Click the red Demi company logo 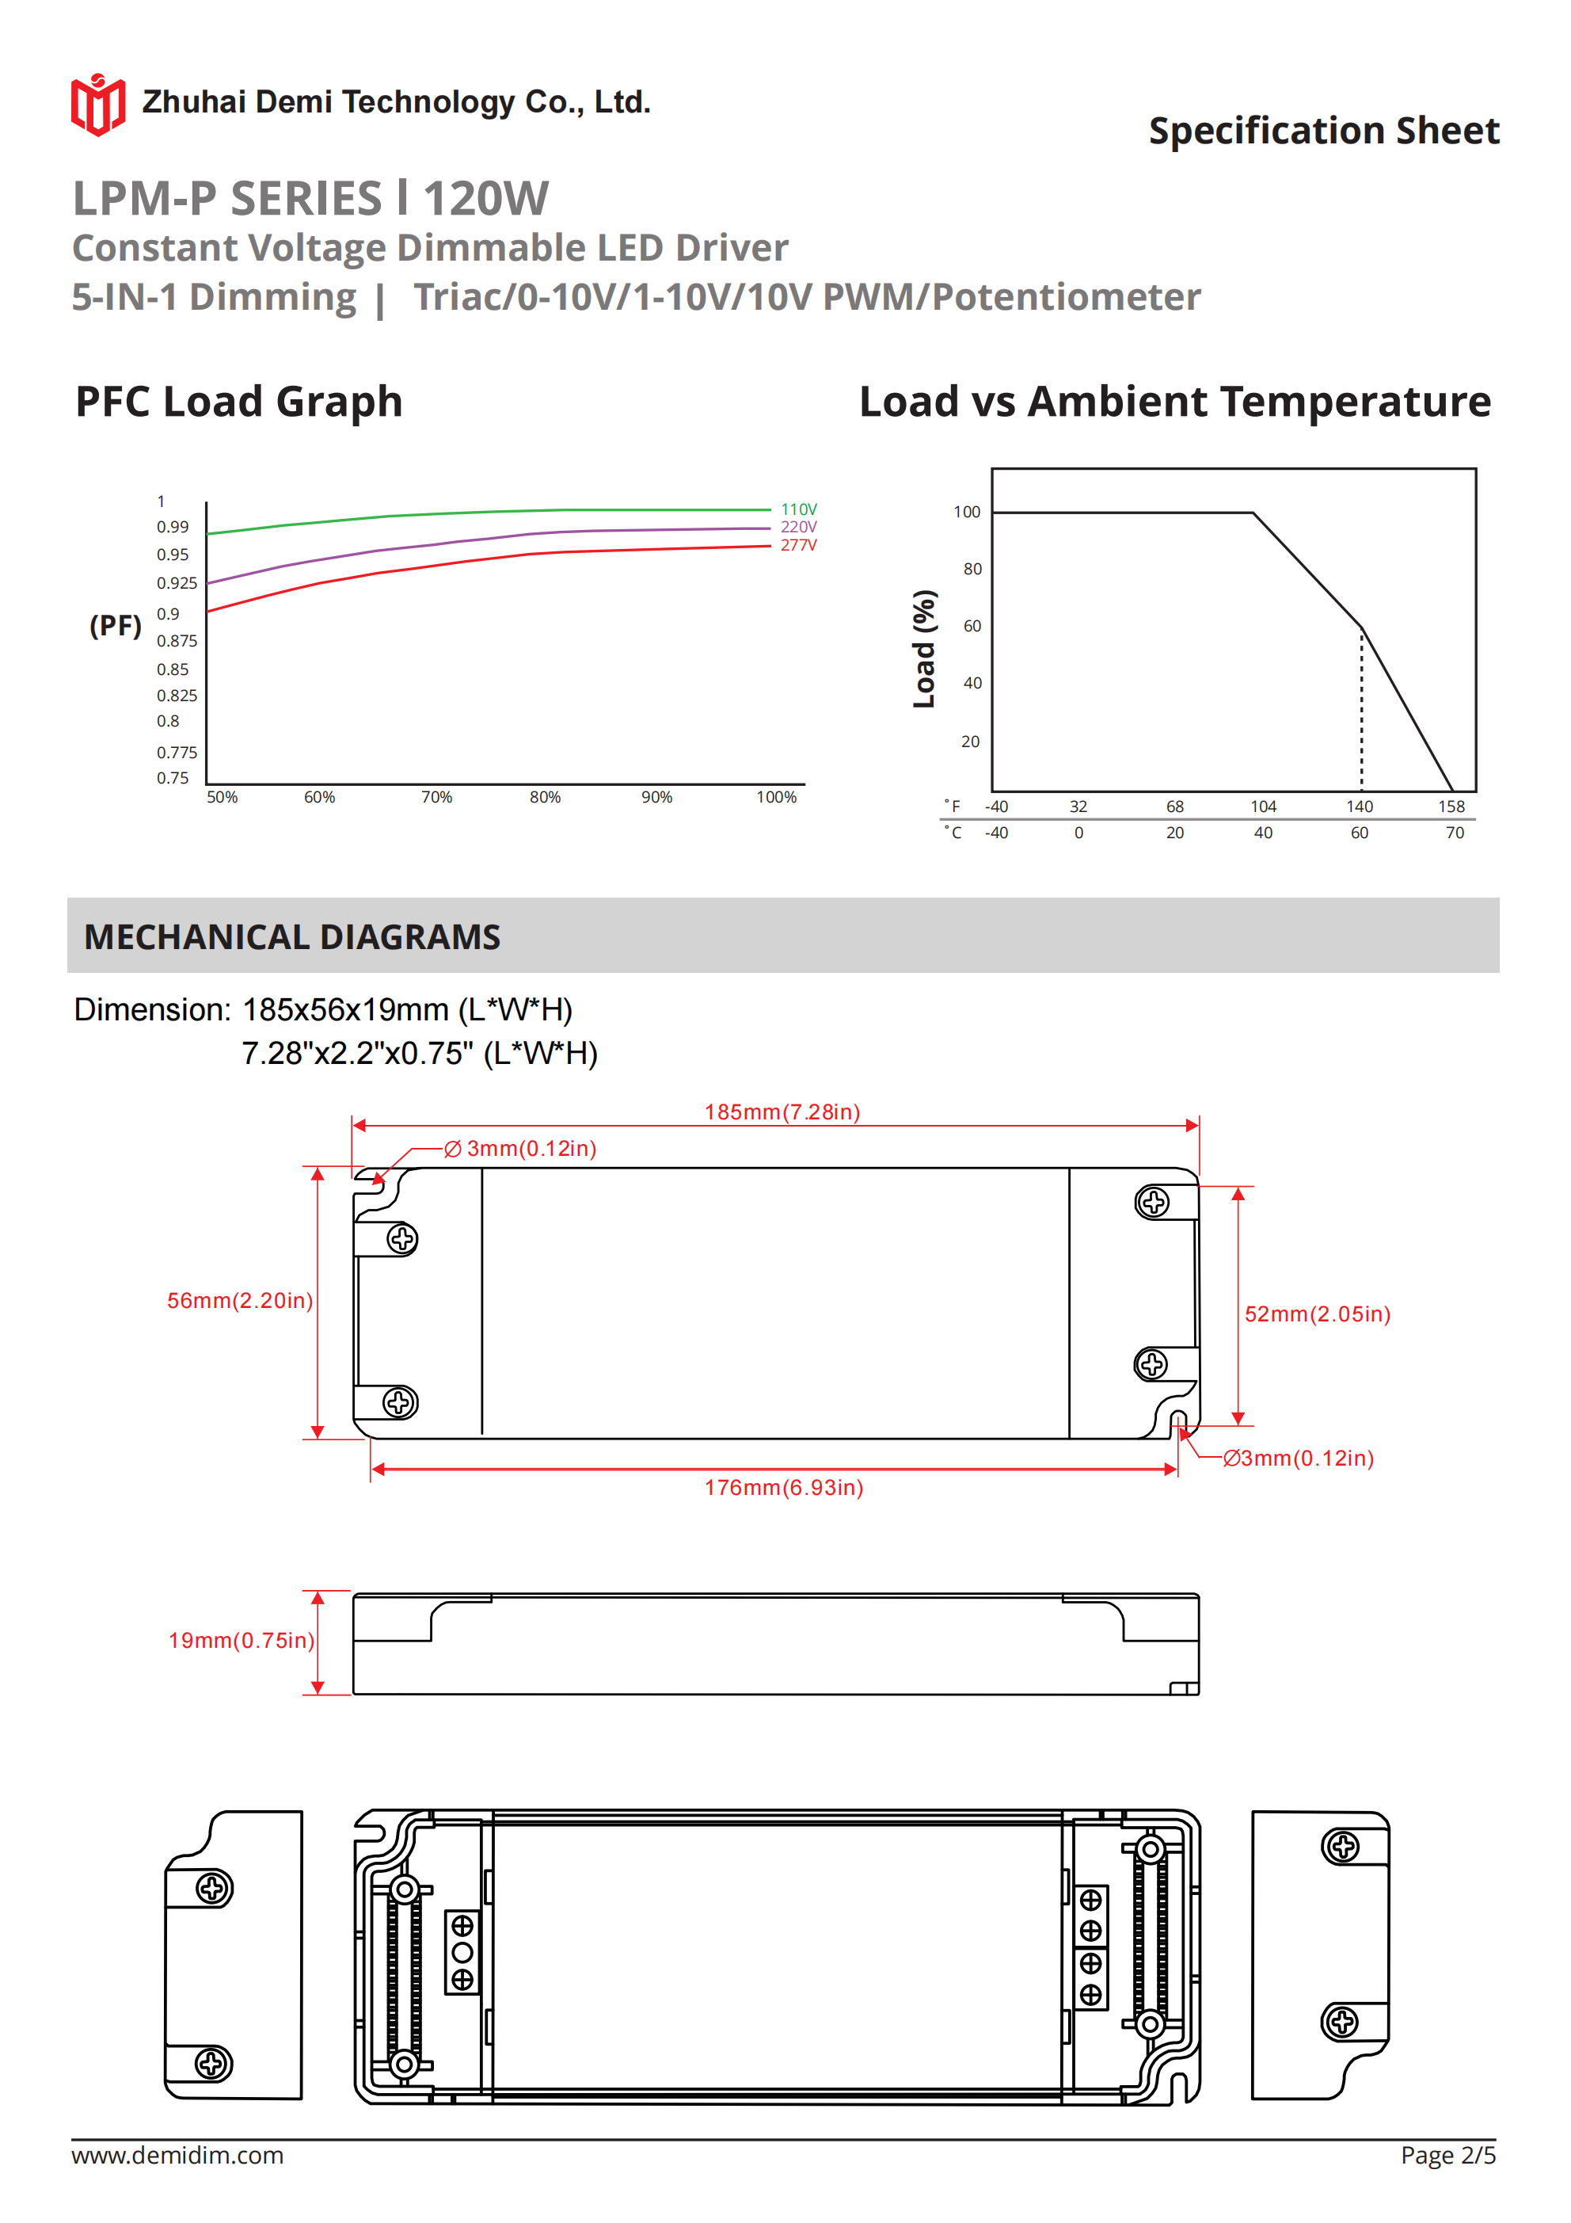[x=97, y=105]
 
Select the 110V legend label [x=799, y=509]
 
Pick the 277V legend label [x=799, y=545]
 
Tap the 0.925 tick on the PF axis [x=176, y=583]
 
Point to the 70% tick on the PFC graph [x=436, y=797]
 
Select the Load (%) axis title [x=924, y=649]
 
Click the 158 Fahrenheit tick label [x=1451, y=806]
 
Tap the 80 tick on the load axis [x=972, y=570]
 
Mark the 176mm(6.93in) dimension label [x=783, y=1487]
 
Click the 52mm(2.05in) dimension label [x=1318, y=1314]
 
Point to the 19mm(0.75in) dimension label [x=241, y=1640]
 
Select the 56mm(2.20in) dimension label [x=240, y=1300]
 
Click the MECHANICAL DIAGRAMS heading [x=292, y=936]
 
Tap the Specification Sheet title [x=1323, y=131]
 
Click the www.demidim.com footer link [x=177, y=2155]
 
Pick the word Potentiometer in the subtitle [x=1066, y=297]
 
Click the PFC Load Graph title [x=239, y=402]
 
